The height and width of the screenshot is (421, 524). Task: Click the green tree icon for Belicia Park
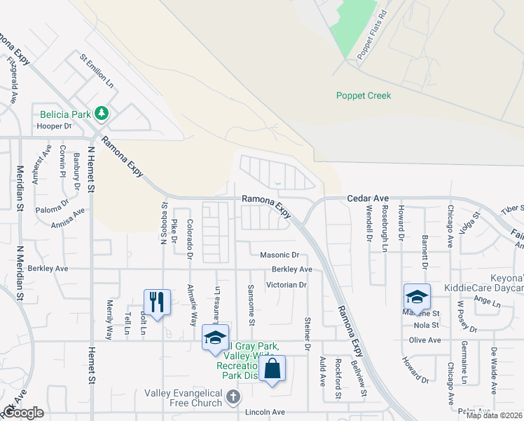coord(102,112)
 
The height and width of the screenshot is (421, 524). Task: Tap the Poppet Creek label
coord(363,95)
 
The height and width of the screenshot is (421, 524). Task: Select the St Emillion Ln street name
coord(97,71)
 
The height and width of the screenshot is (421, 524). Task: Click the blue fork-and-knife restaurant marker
coord(156,302)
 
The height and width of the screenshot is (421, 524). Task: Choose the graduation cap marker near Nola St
coord(416,297)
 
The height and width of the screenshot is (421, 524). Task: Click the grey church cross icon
coord(233,398)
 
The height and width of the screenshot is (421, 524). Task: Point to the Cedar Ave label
coord(368,199)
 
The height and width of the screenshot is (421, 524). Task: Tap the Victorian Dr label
coord(287,285)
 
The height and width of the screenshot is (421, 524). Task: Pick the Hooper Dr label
coord(54,126)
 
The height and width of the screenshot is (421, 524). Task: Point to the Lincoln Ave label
coord(266,413)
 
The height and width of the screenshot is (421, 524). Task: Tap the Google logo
coord(23,413)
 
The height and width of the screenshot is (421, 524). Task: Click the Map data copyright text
coord(493,415)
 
